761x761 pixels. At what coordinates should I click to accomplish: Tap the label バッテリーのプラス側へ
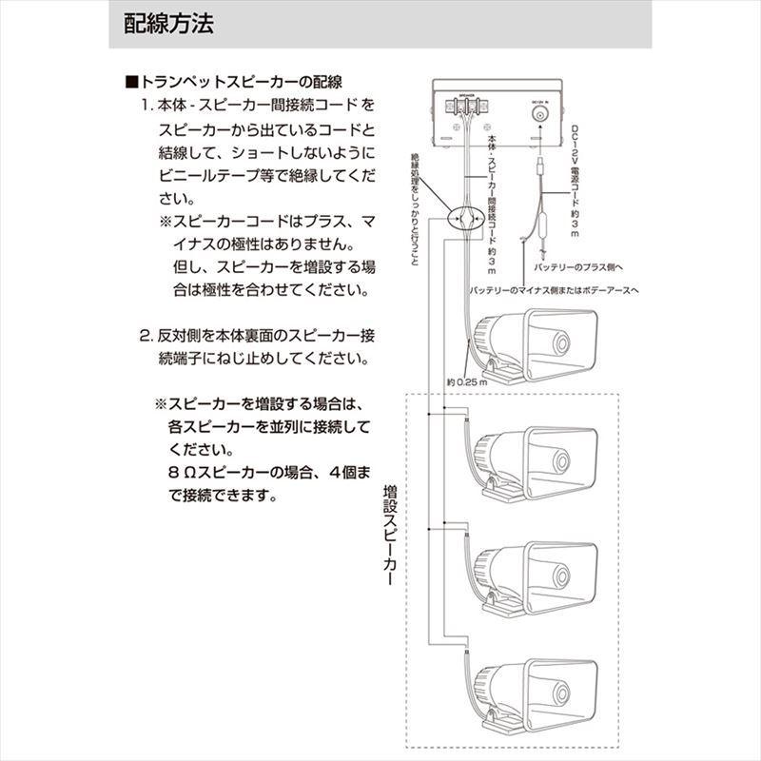pyautogui.click(x=602, y=269)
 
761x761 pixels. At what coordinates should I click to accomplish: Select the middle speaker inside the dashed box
pyautogui.click(x=533, y=575)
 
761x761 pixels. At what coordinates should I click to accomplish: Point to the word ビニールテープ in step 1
pyautogui.click(x=205, y=176)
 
